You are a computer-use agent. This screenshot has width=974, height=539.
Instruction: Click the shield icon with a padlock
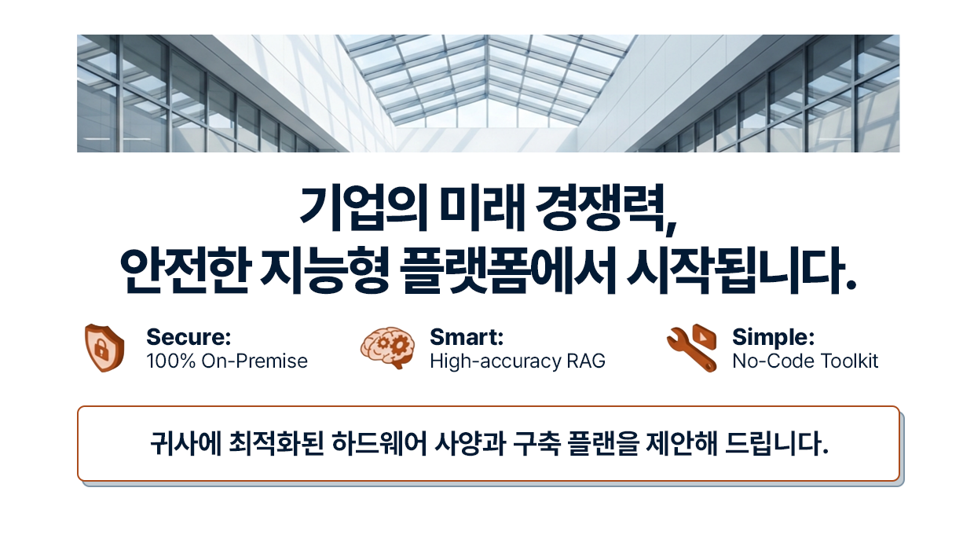pos(104,348)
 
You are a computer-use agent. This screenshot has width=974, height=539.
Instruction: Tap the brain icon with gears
pos(387,348)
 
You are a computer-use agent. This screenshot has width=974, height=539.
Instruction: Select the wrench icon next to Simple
pos(692,348)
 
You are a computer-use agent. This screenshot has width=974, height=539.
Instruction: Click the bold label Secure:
pos(189,337)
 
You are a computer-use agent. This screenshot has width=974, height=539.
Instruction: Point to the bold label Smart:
pos(467,337)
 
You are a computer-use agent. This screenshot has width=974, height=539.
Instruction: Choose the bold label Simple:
pos(774,337)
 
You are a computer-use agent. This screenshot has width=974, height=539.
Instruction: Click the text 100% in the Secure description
pos(171,361)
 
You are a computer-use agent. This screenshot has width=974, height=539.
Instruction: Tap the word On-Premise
pos(254,361)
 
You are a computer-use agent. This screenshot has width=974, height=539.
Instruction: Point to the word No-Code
pos(774,361)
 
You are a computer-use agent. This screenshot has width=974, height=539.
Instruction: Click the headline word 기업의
pos(364,208)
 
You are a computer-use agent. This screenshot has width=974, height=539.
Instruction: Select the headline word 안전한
pos(185,271)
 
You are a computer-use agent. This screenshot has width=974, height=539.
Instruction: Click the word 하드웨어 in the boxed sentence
pos(379,444)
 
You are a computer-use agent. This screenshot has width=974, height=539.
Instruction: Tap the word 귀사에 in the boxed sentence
pos(185,444)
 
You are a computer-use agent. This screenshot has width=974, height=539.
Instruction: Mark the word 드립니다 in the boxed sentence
pos(777,444)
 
